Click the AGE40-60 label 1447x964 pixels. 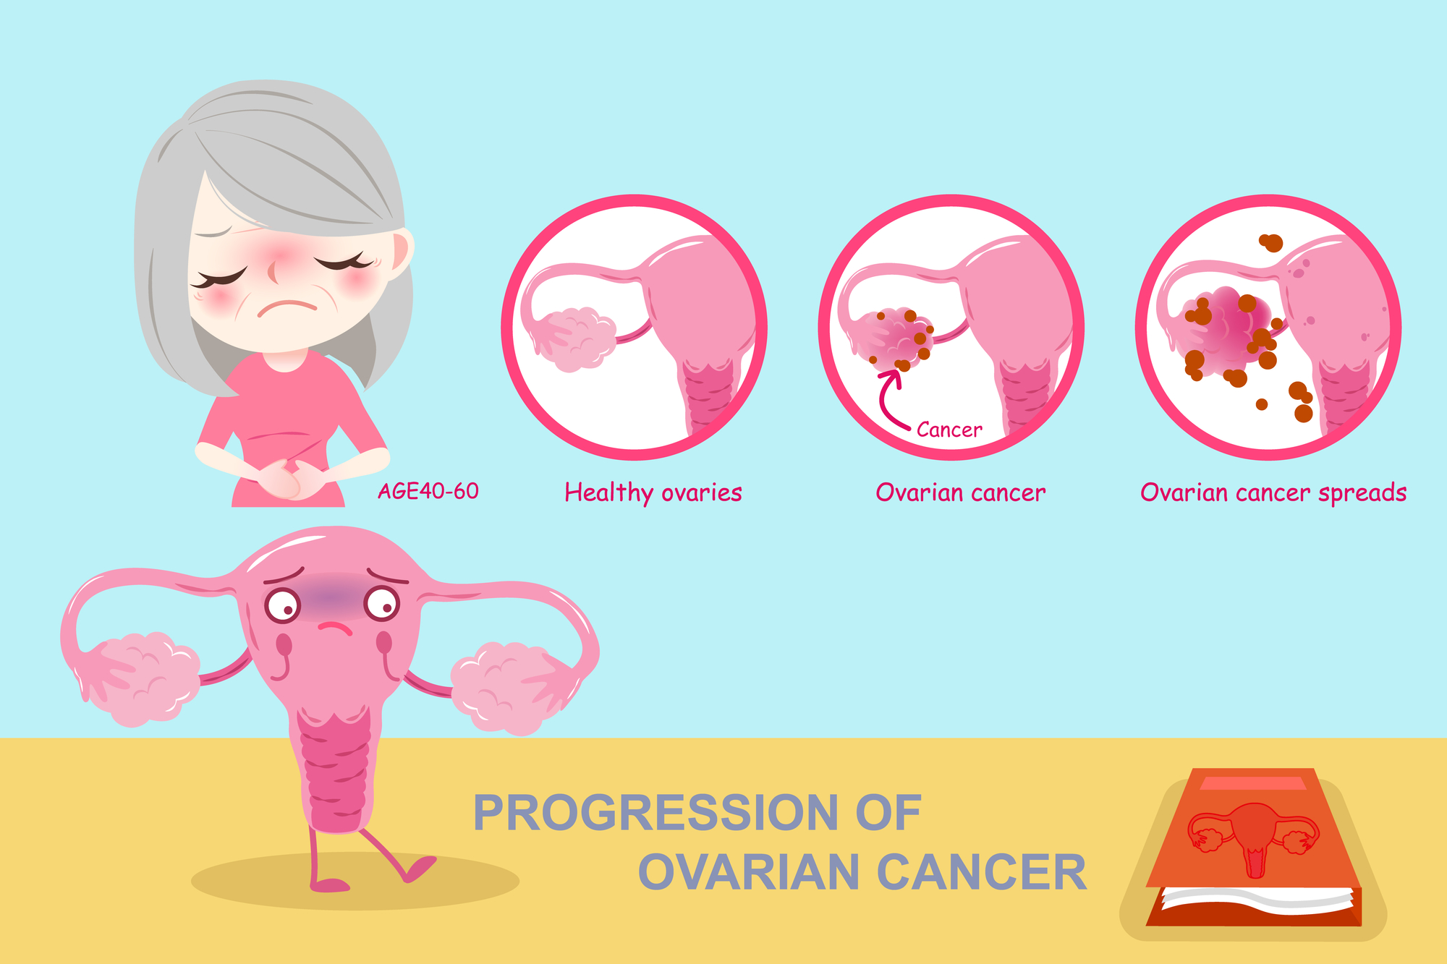[428, 491]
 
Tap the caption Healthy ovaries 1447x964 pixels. [653, 492]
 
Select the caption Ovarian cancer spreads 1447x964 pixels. [1273, 492]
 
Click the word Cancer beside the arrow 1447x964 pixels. [949, 430]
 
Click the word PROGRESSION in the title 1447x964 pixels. [655, 813]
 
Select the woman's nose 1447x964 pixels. [273, 270]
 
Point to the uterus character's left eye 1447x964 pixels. [282, 605]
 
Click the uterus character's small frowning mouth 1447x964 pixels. [335, 627]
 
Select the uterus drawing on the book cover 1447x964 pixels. [1252, 839]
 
